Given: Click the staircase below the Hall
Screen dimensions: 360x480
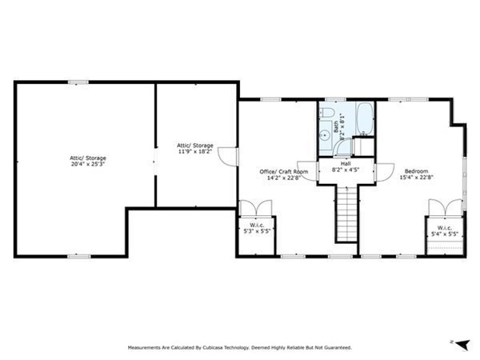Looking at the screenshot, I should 346,210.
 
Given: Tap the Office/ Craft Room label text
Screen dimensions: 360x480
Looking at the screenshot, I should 283,172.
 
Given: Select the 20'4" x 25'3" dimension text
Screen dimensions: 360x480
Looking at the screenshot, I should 87,163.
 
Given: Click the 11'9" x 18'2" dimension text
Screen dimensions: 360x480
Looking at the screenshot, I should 195,150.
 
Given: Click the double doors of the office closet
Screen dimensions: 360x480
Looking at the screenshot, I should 257,210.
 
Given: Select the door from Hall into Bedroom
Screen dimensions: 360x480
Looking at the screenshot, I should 383,170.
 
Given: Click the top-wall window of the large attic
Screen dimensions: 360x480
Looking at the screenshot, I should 78,82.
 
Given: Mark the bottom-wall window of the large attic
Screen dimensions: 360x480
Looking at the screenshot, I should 78,256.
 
